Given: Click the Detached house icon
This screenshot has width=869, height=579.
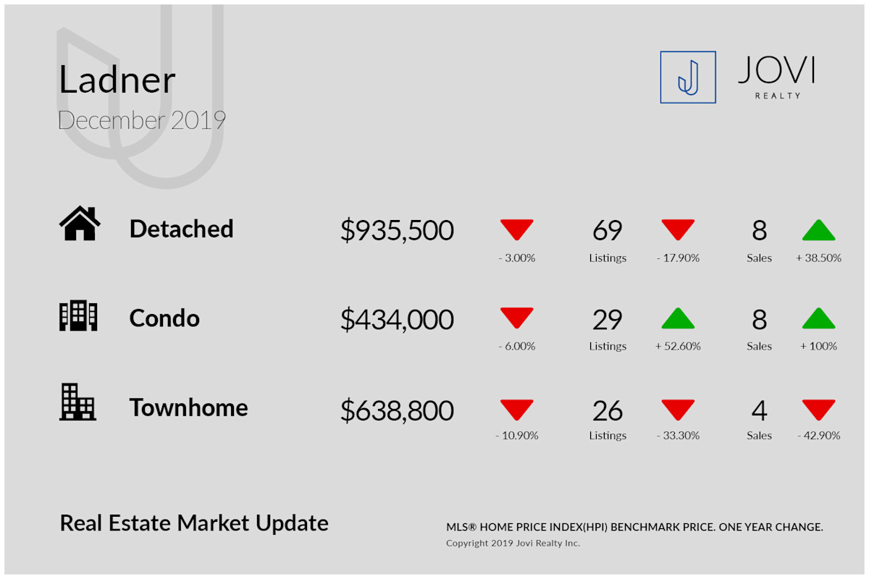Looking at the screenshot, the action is pos(80,224).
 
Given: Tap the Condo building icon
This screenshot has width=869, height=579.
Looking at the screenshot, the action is pos(78,316).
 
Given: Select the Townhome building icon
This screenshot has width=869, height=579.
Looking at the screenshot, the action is pos(77,402).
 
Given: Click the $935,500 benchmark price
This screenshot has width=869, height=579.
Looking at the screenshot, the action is pos(397,230).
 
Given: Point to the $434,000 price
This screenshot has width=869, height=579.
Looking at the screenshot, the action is pos(397,320).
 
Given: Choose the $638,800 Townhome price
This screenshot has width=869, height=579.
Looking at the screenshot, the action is pos(397,410).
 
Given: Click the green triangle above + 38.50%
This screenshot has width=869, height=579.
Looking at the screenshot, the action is pos(818,230).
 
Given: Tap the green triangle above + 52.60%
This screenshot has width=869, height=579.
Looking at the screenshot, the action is pos(678,318).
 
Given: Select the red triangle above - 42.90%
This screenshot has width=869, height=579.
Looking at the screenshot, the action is pos(818,410).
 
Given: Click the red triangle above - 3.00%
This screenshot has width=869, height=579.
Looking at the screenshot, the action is pos(517,230).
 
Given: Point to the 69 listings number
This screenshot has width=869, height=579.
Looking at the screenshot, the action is pos(607,230).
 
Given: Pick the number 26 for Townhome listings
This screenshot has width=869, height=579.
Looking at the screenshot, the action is pos(607,410).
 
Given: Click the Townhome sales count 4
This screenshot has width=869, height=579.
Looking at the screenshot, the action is pos(759,410).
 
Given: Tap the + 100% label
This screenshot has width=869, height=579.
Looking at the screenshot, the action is pos(818,346).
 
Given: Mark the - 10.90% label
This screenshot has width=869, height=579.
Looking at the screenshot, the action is pos(517,436).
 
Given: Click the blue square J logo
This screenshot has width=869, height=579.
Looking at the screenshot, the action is pos(688,77).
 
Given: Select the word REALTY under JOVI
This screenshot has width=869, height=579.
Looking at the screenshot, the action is pos(778,96).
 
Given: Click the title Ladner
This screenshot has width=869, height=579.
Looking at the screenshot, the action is pos(117,80).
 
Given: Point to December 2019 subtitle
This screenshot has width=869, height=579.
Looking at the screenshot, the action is pos(142,120).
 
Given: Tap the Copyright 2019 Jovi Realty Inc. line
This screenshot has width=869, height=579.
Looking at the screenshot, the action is pos(513,543).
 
